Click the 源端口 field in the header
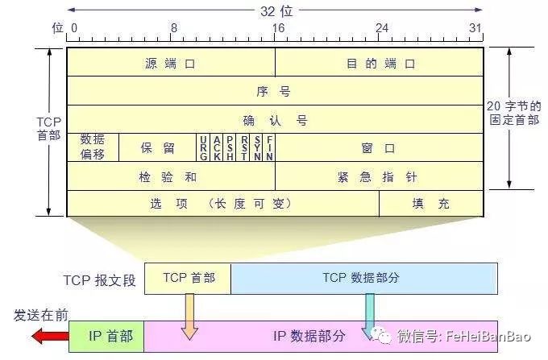pos(171,63)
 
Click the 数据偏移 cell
pos(93,148)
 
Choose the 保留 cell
pos(157,148)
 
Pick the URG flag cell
pos(203,148)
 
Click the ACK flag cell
pos(217,148)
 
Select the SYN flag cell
pos(257,148)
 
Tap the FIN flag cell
pos(270,148)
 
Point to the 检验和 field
pos(171,176)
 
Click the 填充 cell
pos(431,204)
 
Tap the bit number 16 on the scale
pos(277,27)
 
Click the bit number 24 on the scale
pos(381,27)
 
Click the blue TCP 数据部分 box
pos(363,278)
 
